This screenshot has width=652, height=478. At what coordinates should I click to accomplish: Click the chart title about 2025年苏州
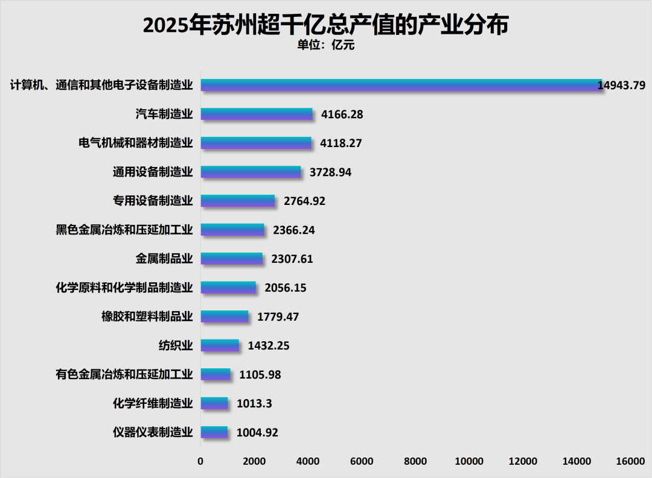tap(325, 25)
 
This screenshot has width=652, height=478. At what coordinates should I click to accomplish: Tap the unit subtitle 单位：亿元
tap(325, 45)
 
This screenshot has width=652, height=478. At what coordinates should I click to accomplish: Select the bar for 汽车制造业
tap(257, 114)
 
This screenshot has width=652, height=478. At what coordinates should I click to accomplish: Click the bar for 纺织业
tap(220, 345)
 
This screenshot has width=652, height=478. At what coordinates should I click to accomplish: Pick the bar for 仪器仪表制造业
tap(214, 432)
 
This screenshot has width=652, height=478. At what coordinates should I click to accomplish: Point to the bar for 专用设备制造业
tap(238, 201)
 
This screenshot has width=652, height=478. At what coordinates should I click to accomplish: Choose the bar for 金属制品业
tap(232, 259)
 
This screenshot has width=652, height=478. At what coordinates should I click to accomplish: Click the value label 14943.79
tap(621, 85)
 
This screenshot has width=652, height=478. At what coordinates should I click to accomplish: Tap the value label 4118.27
tap(341, 143)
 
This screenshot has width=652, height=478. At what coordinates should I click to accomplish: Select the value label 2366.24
tap(294, 230)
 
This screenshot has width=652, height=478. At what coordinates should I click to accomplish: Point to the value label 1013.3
tap(254, 403)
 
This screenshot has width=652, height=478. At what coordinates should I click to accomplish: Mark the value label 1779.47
tap(278, 317)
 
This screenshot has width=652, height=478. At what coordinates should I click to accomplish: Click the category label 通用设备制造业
tap(153, 172)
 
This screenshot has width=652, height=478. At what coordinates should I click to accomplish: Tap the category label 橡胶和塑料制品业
tap(147, 316)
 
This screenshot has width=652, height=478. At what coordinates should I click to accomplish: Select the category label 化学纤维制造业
tap(153, 403)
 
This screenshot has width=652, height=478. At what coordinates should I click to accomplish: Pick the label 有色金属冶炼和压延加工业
tap(124, 374)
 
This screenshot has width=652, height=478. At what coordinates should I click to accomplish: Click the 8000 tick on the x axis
tap(415, 461)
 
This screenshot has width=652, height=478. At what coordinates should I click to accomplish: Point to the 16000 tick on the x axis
tap(630, 461)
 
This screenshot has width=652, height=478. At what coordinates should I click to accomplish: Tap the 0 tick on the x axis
tap(200, 461)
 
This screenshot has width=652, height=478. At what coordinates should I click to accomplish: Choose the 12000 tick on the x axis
tap(523, 461)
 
